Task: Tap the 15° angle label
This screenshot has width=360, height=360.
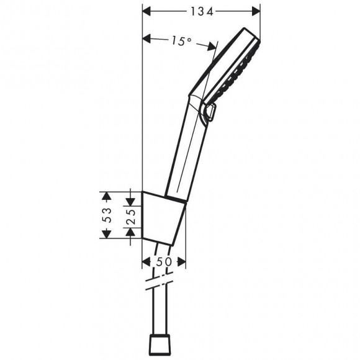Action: [180, 41]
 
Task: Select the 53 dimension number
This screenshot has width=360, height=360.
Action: [106, 215]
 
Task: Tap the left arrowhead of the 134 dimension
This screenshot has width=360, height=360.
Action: [147, 11]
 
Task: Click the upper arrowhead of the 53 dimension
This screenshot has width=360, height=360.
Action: [106, 196]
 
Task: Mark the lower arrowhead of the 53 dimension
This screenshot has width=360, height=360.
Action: [106, 234]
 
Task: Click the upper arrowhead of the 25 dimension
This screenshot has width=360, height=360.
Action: [131, 200]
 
